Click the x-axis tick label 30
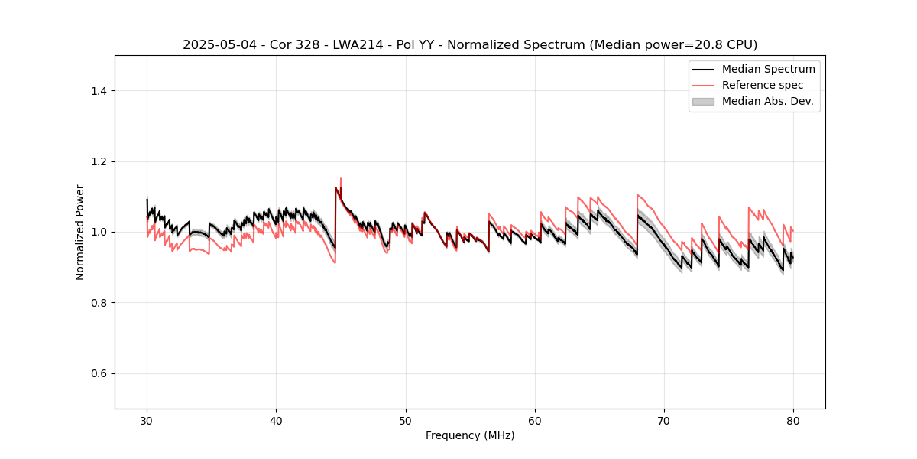pyautogui.click(x=147, y=421)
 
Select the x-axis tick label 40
pyautogui.click(x=276, y=421)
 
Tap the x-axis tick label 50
pyautogui.click(x=406, y=421)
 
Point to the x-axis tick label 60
pyautogui.click(x=535, y=421)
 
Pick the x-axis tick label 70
pyautogui.click(x=664, y=421)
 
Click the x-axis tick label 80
pyautogui.click(x=793, y=421)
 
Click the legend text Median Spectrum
pyautogui.click(x=768, y=69)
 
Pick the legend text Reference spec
pyautogui.click(x=763, y=85)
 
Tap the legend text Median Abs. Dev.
pyautogui.click(x=767, y=101)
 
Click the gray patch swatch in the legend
pyautogui.click(x=703, y=101)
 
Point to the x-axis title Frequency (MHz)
pyautogui.click(x=470, y=436)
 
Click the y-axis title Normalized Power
pyautogui.click(x=80, y=232)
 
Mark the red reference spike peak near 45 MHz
pyautogui.click(x=341, y=179)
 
